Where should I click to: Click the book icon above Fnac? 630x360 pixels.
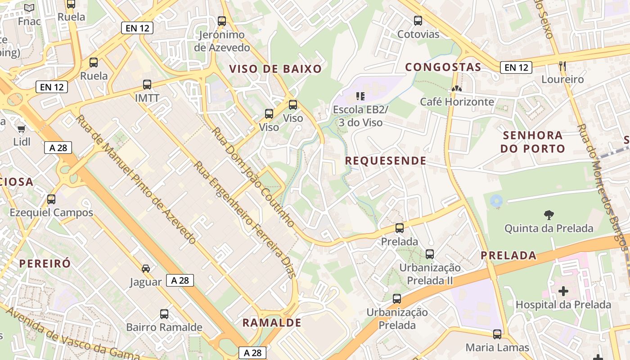29,8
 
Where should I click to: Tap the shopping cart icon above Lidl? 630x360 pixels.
21,129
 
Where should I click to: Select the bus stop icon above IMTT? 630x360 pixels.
147,84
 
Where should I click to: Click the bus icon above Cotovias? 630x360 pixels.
418,20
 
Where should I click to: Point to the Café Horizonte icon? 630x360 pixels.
457,89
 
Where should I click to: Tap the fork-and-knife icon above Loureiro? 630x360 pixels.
562,66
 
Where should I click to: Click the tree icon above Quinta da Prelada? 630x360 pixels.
549,215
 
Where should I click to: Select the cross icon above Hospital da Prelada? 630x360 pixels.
563,291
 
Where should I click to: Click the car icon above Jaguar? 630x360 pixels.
146,269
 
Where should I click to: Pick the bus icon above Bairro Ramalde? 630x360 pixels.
164,314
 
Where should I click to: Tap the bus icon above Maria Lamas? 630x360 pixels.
497,334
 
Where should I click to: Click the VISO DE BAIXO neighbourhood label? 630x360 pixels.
275,69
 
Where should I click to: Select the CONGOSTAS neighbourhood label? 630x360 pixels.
443,67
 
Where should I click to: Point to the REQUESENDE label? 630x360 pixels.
386,161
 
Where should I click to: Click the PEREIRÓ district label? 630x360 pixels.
45,263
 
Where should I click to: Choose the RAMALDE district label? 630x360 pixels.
272,323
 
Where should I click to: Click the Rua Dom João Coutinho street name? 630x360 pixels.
253,177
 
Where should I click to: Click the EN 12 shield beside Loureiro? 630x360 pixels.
516,67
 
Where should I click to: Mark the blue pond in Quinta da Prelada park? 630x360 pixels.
496,201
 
